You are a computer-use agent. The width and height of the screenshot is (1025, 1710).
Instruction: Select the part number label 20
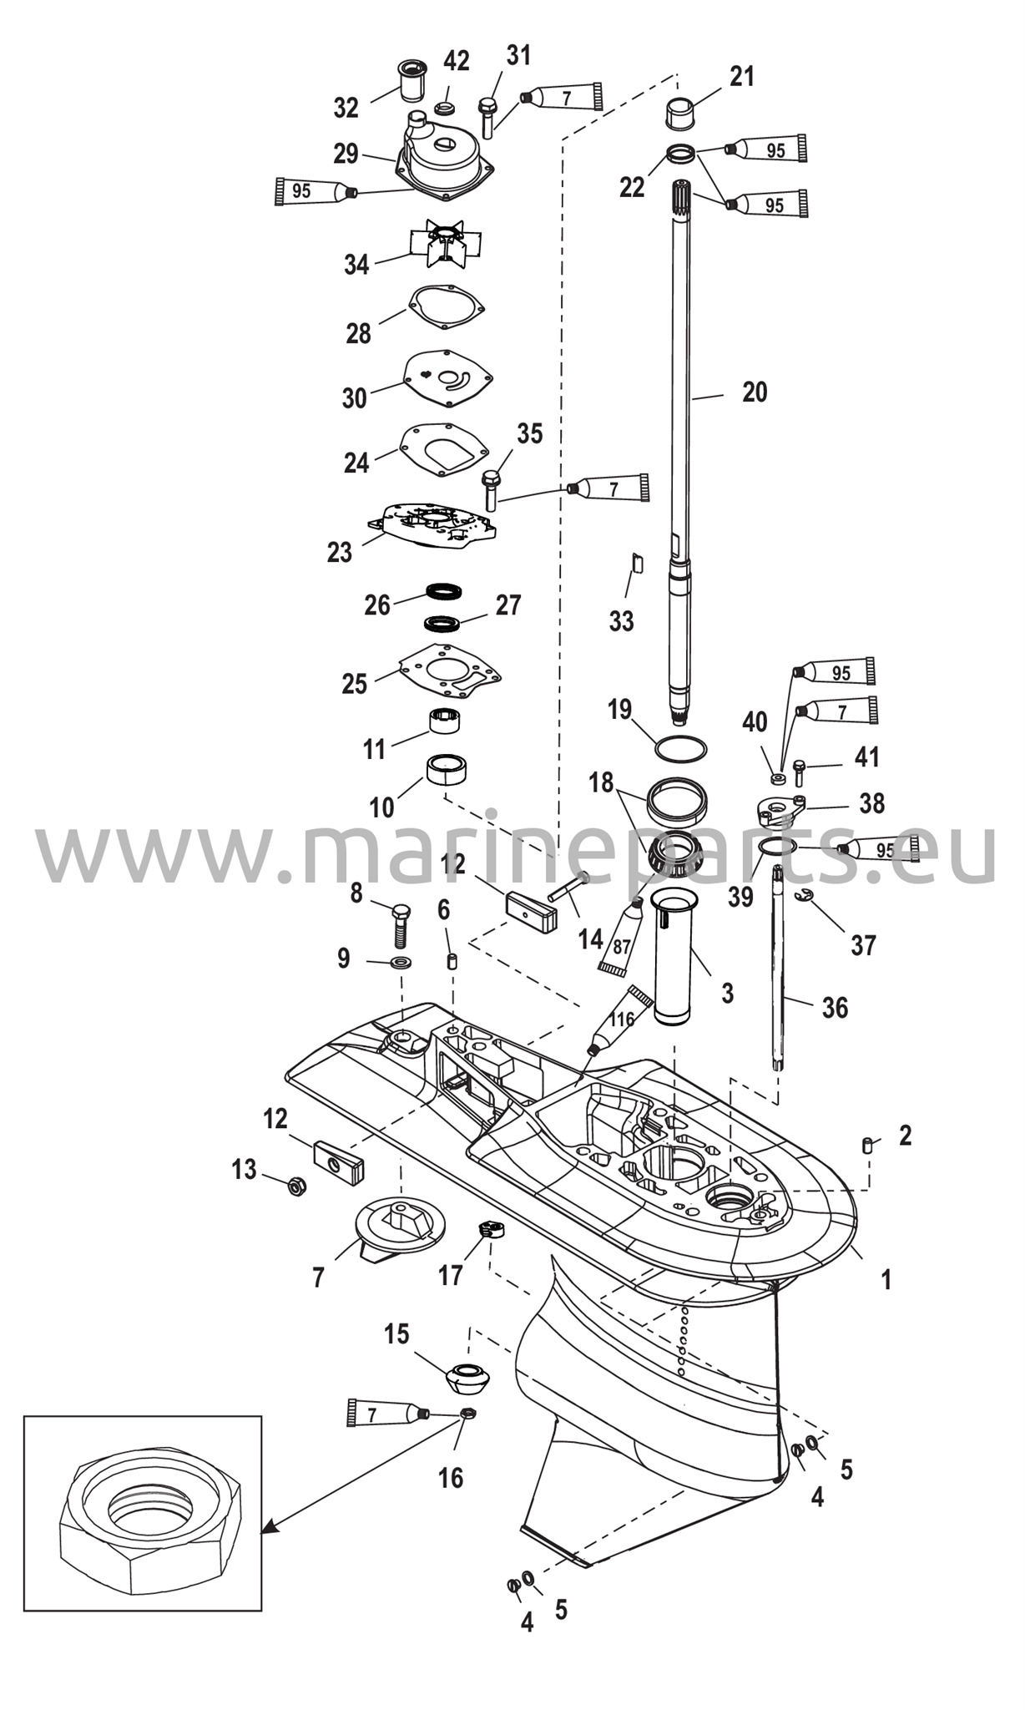755,392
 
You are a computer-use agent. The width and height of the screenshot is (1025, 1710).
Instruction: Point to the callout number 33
621,621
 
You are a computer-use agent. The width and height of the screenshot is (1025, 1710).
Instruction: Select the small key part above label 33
636,562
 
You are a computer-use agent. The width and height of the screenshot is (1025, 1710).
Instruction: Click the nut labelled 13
295,1184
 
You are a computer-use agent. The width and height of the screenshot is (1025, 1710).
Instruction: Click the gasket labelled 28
447,306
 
